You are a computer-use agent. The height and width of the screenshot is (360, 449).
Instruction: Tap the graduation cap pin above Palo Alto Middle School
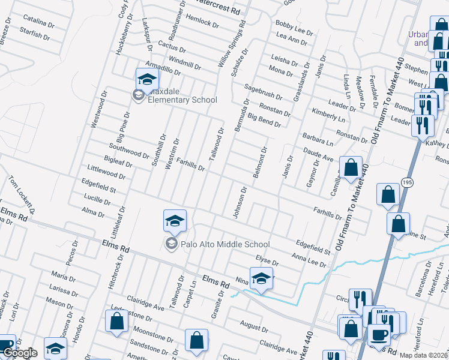pos(175,221)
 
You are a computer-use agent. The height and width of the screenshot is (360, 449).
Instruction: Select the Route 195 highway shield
pos(407,182)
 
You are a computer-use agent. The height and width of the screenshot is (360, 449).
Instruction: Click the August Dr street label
pos(253,328)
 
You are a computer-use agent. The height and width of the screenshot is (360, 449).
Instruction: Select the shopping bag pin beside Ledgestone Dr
pos(117,321)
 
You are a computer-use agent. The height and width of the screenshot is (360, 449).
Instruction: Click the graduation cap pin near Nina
pos(262,278)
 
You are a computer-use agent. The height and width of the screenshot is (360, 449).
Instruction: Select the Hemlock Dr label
pos(202,21)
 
